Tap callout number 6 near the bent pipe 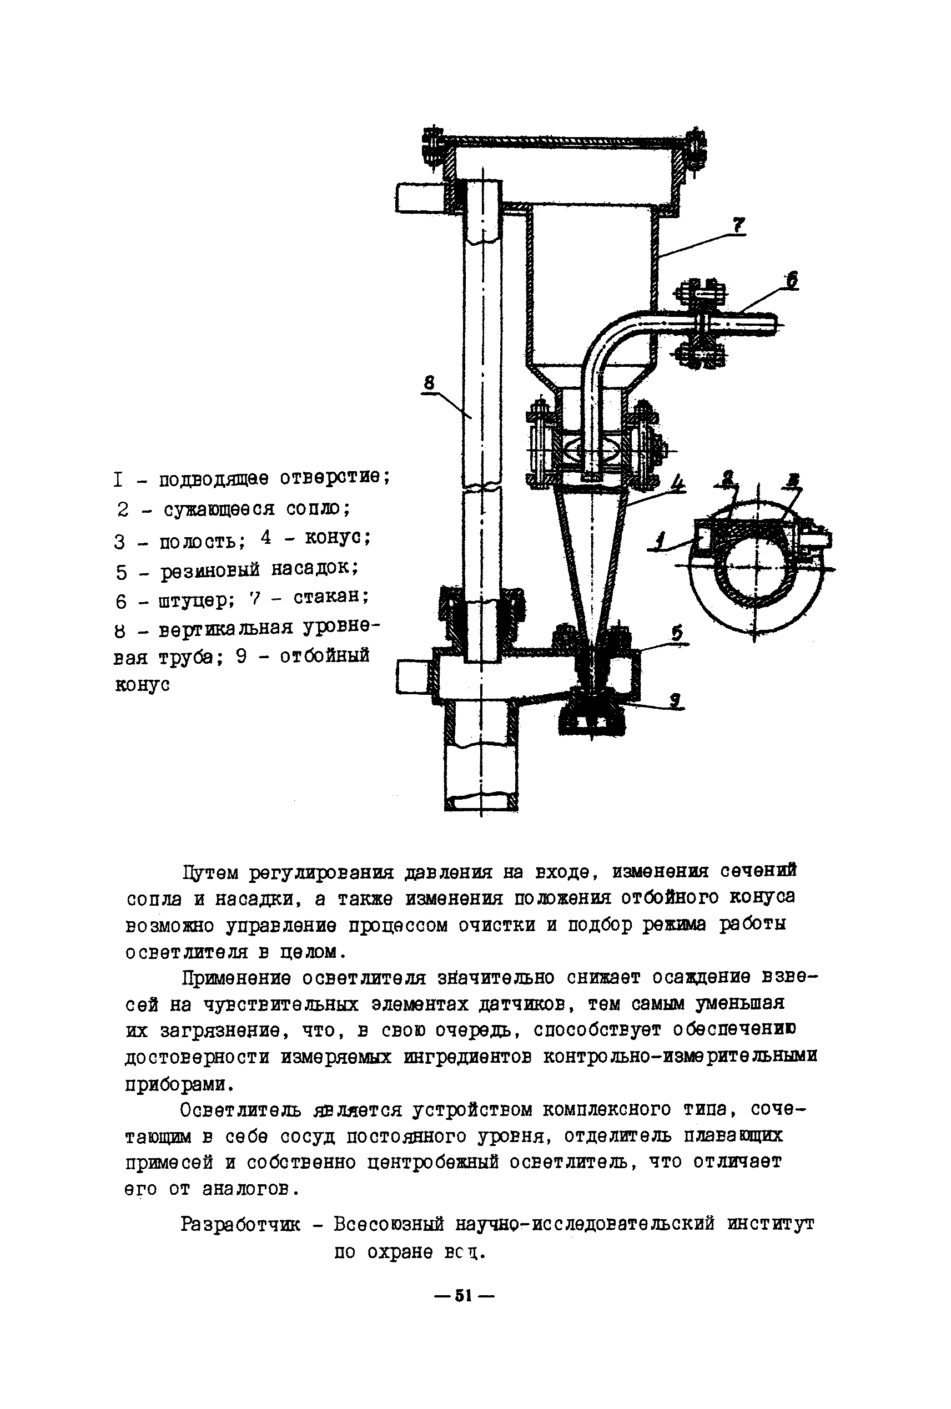coord(791,280)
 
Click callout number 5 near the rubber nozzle coord(677,632)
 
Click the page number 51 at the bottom coord(464,1296)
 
